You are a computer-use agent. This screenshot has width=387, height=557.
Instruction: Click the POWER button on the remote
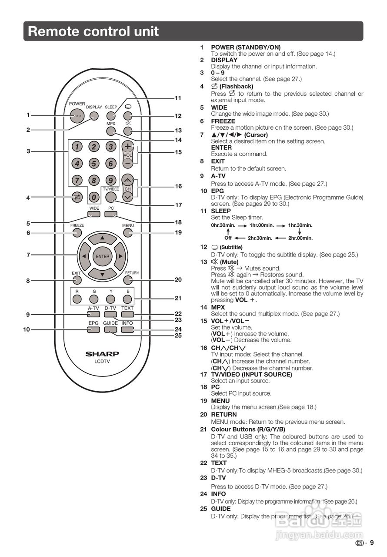pyautogui.click(x=77, y=116)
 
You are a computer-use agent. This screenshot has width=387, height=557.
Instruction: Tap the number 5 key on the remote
pyautogui.click(x=93, y=164)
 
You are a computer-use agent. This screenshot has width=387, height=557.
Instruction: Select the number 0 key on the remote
pyautogui.click(x=94, y=197)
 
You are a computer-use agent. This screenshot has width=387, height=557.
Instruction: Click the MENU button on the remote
pyautogui.click(x=128, y=233)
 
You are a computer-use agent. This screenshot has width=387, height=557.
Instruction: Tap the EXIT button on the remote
pyautogui.click(x=77, y=280)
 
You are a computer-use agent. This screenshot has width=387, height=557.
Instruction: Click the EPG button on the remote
pyautogui.click(x=93, y=329)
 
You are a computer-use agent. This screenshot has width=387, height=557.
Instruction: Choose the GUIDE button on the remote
pyautogui.click(x=110, y=329)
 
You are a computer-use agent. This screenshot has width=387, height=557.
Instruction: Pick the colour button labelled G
pyautogui.click(x=93, y=299)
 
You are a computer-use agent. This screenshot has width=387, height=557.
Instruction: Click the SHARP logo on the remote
pyautogui.click(x=102, y=354)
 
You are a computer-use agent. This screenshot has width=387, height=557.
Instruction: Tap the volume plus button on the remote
pyautogui.click(x=127, y=146)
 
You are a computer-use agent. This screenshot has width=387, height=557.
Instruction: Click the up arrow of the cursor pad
pyautogui.click(x=102, y=238)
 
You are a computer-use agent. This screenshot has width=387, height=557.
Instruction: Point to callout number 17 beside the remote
pyautogui.click(x=178, y=205)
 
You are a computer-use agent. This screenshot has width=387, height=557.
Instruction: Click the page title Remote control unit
pyautogui.click(x=93, y=31)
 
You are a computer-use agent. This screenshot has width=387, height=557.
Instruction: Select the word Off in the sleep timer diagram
pyautogui.click(x=228, y=238)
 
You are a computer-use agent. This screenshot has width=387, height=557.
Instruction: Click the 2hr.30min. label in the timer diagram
pyautogui.click(x=260, y=238)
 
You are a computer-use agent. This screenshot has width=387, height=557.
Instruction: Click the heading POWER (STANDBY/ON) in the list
pyautogui.click(x=246, y=47)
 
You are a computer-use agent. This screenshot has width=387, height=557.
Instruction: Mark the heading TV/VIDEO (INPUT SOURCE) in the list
pyautogui.click(x=251, y=374)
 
